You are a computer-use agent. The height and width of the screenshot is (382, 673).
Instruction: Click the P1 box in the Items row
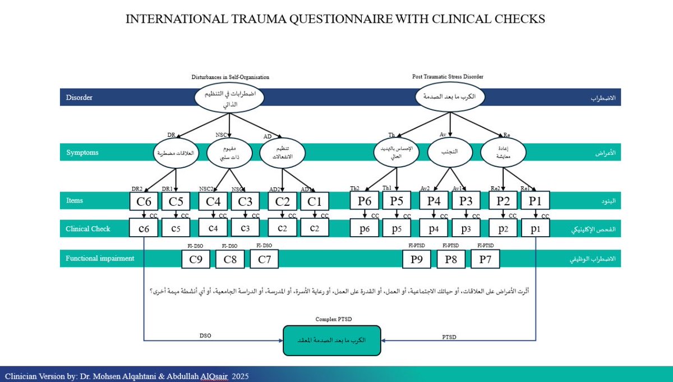(x=536, y=201)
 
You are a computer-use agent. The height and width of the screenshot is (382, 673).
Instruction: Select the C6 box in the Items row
(x=144, y=201)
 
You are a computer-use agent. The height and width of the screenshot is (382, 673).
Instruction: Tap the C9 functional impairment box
(x=195, y=259)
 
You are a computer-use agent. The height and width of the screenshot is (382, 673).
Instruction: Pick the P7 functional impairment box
(x=485, y=259)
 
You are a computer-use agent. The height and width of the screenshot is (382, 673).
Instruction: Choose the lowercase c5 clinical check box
(x=176, y=228)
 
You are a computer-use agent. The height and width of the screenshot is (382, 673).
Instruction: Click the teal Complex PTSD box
(x=331, y=340)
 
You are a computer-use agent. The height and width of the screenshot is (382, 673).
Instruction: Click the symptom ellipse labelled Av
(x=450, y=151)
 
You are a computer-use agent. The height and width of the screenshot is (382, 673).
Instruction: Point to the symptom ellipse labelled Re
(x=503, y=152)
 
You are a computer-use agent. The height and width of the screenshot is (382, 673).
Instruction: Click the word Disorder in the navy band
(x=79, y=98)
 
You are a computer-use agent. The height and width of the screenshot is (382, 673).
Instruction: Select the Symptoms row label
(x=82, y=153)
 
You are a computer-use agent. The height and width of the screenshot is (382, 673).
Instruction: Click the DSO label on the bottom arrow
(x=206, y=335)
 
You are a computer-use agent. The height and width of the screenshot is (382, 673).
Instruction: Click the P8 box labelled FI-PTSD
(x=451, y=259)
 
